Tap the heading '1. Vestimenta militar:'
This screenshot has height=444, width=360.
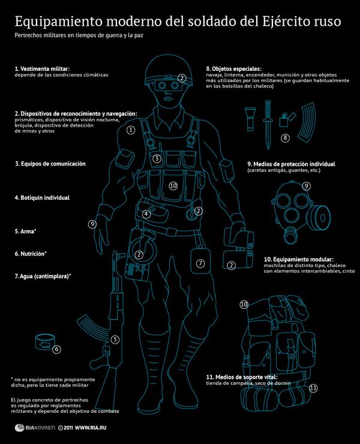(x=42, y=70)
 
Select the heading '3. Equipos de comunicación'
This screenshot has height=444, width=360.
(x=50, y=163)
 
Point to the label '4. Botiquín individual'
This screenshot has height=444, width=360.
(x=42, y=197)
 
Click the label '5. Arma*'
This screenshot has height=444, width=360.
(x=25, y=231)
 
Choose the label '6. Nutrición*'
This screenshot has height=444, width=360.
(x=31, y=254)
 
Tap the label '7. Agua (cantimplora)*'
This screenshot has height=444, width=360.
(x=43, y=276)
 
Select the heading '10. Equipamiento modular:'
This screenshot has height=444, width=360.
(x=298, y=259)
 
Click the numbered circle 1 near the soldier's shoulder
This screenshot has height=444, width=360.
(x=130, y=129)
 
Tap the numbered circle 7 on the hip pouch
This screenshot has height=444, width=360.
(x=201, y=263)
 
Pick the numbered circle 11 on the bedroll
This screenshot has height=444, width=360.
(x=313, y=388)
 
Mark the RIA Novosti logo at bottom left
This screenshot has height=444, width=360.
(x=34, y=428)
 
